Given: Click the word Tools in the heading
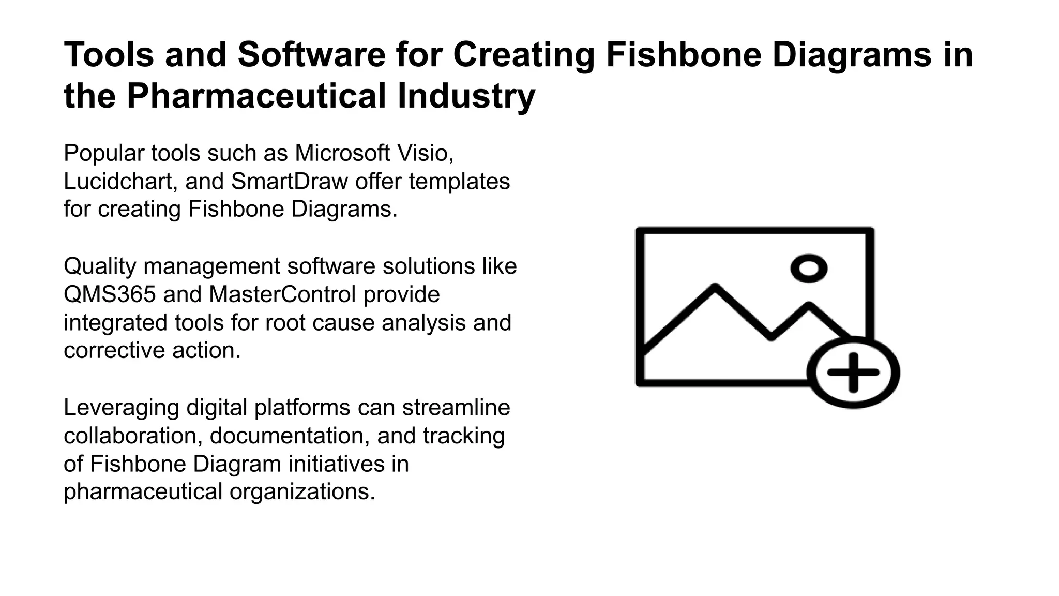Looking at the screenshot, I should pos(109,54).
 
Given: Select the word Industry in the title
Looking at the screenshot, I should pos(466,96).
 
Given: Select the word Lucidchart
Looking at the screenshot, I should pos(118,182).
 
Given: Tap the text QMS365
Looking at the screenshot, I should pos(110,294).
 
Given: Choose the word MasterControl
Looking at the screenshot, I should pos(283,294).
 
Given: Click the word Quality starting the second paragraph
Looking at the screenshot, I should pos(100,266).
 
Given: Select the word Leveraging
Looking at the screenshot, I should pos(122,408).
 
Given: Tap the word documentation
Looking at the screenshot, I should pos(290,436).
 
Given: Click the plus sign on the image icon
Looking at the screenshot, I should pos(853,372).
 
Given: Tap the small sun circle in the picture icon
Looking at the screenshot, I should pos(809,269).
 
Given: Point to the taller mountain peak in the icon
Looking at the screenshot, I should pos(715,287).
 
